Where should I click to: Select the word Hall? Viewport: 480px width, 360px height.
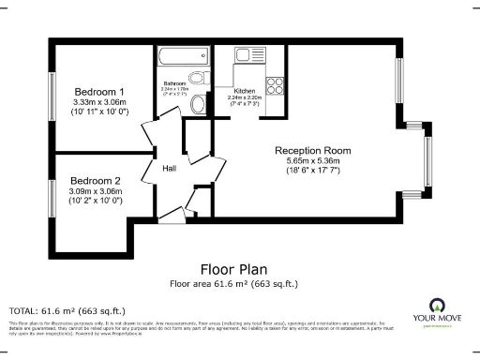(170, 169)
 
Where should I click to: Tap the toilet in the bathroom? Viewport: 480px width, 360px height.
(198, 105)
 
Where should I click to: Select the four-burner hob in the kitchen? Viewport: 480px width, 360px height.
(276, 87)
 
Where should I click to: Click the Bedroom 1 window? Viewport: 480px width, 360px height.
(52, 94)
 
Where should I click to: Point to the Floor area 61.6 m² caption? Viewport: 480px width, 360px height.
(234, 283)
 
